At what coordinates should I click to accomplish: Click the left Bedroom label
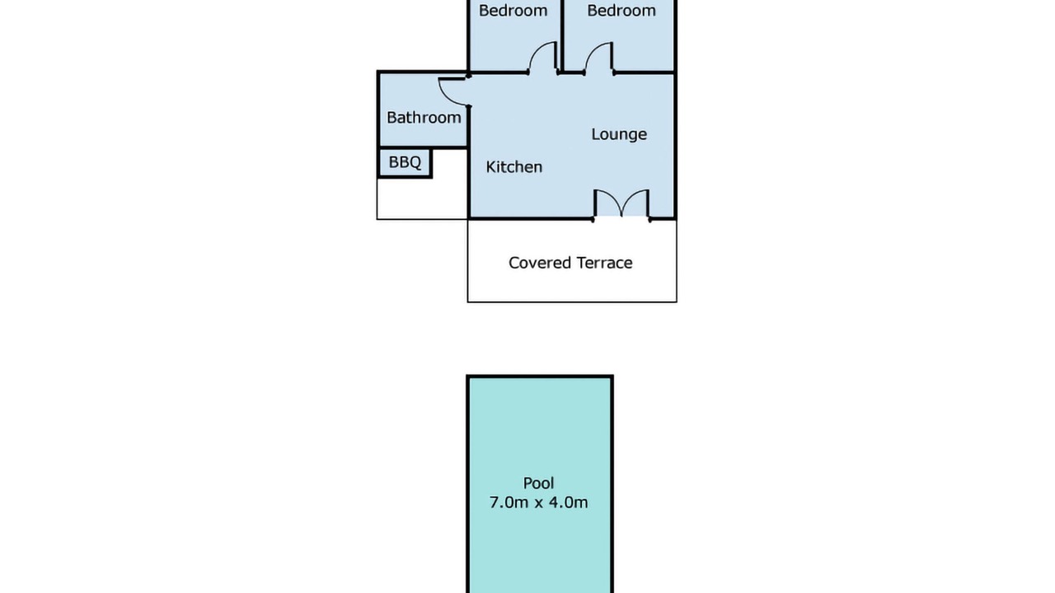pos(513,11)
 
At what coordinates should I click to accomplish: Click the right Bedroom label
pos(621,11)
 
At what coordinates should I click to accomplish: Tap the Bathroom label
pos(424,117)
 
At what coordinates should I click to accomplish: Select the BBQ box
pos(405,163)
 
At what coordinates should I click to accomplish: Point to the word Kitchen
pos(513,166)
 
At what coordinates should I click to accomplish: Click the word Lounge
pos(619,134)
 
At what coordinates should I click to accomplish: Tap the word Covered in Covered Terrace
pos(539,263)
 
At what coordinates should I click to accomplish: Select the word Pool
pos(538,483)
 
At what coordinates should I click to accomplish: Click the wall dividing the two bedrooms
pos(562,35)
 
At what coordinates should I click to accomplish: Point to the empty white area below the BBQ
pos(423,198)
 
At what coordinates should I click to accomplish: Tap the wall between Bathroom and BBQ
pos(423,147)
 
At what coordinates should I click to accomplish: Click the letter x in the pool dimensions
pos(539,503)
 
